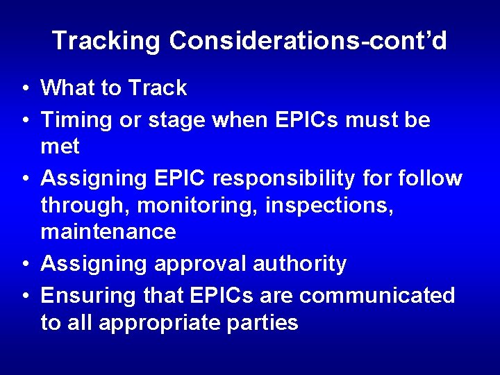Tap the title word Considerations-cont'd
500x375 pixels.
[x=308, y=41]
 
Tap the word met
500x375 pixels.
[x=60, y=147]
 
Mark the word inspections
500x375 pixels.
[x=336, y=206]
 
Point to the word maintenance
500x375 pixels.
[x=108, y=231]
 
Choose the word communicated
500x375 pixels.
[x=377, y=296]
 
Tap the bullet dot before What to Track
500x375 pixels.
[x=24, y=89]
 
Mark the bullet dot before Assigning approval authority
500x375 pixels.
[x=24, y=265]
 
